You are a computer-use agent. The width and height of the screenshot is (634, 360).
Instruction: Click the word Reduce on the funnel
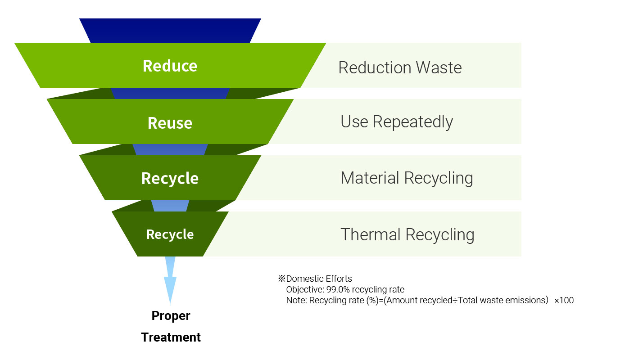pos(170,66)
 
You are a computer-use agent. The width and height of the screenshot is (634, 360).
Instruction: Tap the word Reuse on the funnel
pos(170,123)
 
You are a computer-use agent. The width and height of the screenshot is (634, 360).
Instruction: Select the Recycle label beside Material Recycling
pos(170,179)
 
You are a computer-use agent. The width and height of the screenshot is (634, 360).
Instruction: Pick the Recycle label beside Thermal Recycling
pos(170,234)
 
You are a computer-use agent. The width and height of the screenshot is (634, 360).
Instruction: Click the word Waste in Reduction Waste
pos(439,67)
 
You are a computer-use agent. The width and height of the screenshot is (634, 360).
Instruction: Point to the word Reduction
pos(375,67)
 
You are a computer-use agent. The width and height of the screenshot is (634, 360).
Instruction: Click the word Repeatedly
pos(412,122)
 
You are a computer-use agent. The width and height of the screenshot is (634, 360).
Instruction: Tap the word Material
pos(370,178)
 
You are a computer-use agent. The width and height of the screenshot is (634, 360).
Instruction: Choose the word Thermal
pos(371,235)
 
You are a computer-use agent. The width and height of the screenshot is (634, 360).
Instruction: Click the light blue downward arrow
pos(170,280)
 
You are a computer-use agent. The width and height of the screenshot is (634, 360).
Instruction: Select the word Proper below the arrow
pos(171,316)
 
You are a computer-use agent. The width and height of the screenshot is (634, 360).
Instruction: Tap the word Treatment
pos(171,337)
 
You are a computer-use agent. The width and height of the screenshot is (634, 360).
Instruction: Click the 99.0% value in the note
pos(338,290)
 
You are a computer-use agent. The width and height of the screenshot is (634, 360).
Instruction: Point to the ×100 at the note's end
pos(564,300)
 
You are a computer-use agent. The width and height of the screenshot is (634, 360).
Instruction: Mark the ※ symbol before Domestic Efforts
pos(281,279)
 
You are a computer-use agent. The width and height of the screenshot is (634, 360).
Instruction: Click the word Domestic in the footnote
pos(305,279)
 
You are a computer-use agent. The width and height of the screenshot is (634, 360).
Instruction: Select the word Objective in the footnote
pos(305,290)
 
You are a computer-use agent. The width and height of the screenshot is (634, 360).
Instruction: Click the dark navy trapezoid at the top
pos(170,31)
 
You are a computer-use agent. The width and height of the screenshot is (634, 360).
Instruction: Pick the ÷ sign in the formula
pos(455,300)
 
